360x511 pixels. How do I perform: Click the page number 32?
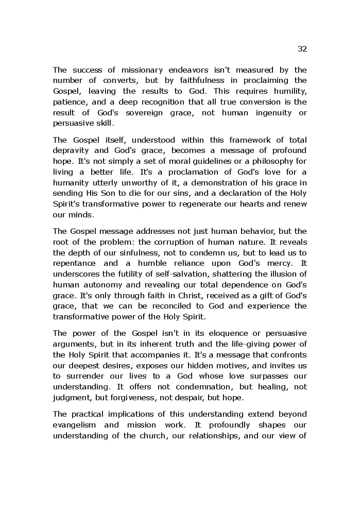point(302,49)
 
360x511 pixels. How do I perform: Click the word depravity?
point(73,150)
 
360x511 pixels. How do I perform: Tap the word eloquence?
point(208,333)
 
